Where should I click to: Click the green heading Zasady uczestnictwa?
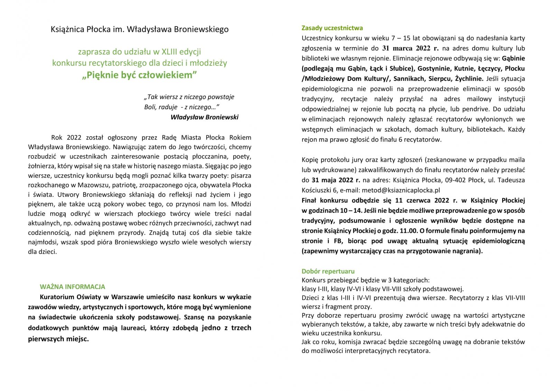(332, 28)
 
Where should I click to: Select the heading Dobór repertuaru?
(328, 271)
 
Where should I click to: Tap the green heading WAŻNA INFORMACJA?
(72, 287)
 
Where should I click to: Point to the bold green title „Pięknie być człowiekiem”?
(139, 75)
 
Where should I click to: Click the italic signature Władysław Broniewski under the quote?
(204, 117)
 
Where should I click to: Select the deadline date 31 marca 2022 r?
(410, 48)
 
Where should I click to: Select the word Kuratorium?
(57, 297)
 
